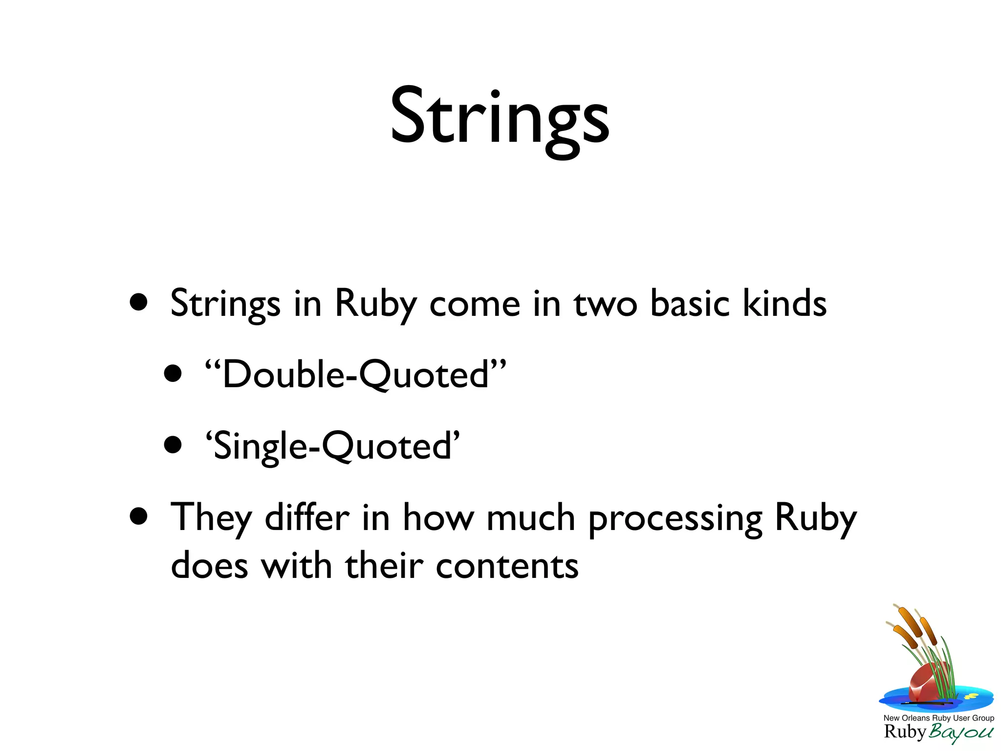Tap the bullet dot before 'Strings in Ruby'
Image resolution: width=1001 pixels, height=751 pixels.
click(x=139, y=302)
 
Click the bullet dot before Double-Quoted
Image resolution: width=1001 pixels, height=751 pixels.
click(x=173, y=374)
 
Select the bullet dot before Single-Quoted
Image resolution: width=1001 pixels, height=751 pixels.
click(x=173, y=445)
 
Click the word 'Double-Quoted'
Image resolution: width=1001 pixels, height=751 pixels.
click(x=356, y=375)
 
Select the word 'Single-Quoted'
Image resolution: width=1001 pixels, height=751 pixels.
click(x=332, y=446)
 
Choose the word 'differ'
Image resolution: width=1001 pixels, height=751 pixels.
click(x=307, y=517)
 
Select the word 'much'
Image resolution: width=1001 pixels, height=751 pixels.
click(x=531, y=517)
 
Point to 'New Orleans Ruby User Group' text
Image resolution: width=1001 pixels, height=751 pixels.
click(x=938, y=718)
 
